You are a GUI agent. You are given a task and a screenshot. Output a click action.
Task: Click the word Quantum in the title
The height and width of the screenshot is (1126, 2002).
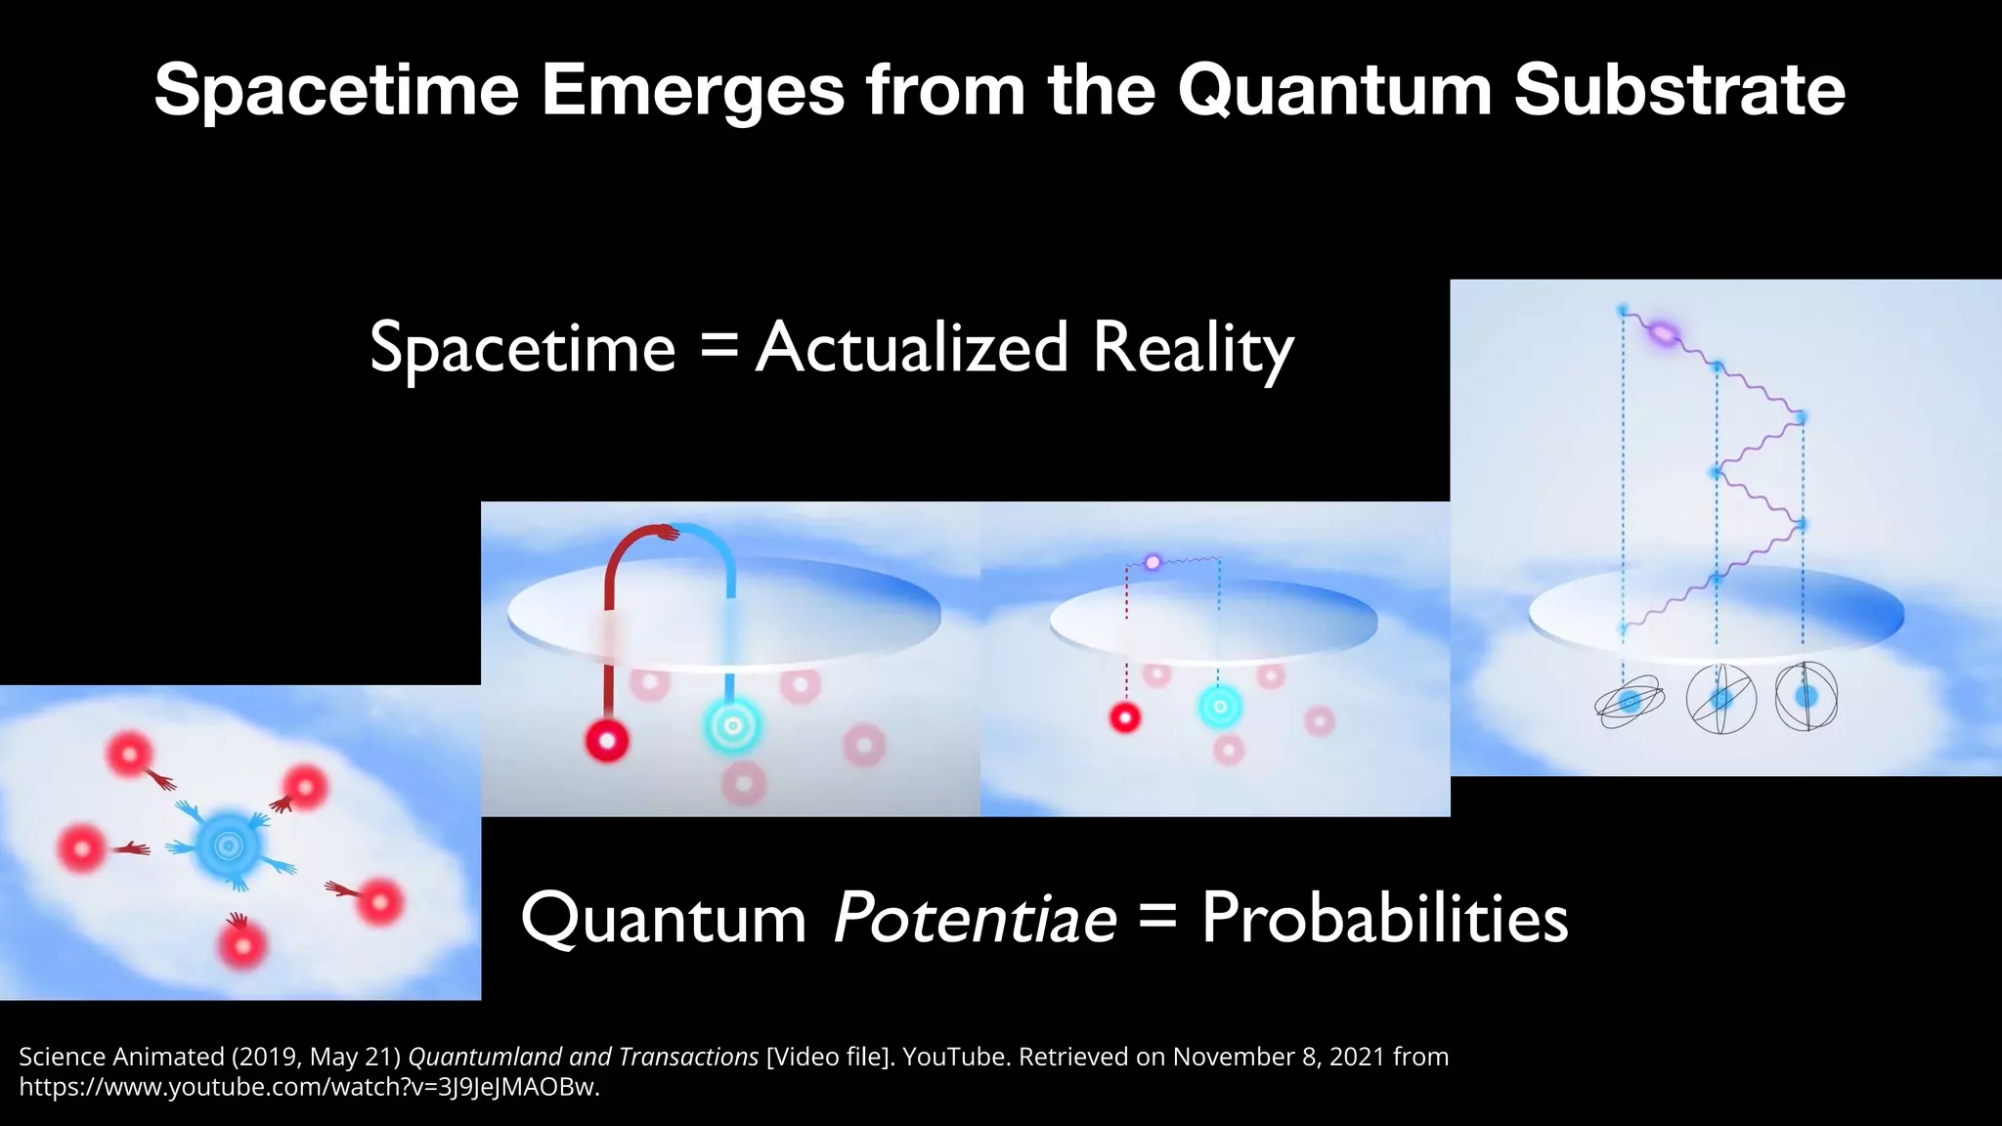click(x=1334, y=90)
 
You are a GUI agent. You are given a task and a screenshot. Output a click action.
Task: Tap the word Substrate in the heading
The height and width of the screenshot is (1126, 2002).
click(x=1679, y=90)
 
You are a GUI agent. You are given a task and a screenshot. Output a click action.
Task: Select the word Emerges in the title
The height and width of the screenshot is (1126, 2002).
click(x=692, y=90)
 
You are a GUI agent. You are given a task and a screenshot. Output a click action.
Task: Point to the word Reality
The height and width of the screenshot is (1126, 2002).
click(x=1193, y=350)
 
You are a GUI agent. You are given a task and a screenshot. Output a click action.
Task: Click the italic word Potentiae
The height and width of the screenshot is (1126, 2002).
click(x=975, y=919)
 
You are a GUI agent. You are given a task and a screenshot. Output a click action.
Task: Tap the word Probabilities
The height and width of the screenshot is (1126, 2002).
click(x=1384, y=919)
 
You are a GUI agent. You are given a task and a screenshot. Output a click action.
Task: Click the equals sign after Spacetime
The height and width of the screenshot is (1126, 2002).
click(x=719, y=349)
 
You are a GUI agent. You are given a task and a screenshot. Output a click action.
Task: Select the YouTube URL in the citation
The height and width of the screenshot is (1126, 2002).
click(x=309, y=1087)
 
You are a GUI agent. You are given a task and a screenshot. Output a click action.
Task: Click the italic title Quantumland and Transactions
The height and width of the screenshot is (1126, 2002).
click(x=583, y=1057)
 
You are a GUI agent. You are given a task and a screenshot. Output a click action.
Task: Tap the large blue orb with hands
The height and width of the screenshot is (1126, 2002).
click(x=229, y=844)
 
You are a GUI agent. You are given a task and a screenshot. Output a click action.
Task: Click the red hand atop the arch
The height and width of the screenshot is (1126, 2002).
click(x=668, y=532)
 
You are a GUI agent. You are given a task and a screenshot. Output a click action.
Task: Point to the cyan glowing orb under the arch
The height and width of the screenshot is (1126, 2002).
click(x=732, y=725)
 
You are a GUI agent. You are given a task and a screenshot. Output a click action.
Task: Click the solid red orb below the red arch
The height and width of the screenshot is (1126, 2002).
click(x=607, y=741)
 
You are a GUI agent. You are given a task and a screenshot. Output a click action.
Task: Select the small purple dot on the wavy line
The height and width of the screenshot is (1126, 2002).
click(x=1153, y=562)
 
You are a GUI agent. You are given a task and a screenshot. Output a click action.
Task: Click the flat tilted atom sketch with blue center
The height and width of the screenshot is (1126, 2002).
click(x=1630, y=702)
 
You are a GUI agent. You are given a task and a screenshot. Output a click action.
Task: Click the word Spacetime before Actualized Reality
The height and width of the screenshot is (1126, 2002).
click(x=523, y=349)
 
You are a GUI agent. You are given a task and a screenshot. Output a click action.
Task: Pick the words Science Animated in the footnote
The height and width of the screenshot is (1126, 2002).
click(x=121, y=1057)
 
